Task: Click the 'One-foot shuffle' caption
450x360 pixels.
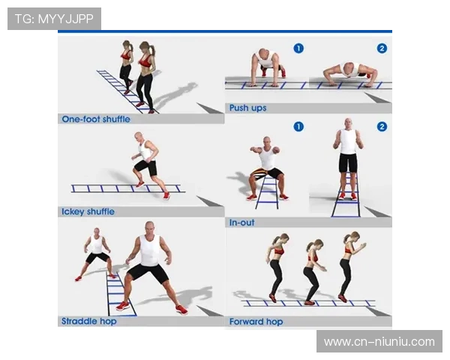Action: point(96,119)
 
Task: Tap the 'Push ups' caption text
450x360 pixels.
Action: point(248,108)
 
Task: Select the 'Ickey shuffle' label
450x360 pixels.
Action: point(88,211)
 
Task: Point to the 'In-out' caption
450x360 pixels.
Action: point(242,223)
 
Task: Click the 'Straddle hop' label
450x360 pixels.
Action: point(89,321)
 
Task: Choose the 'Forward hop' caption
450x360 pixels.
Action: point(256,322)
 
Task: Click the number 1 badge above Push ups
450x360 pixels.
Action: point(298,48)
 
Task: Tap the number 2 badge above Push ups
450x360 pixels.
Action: point(382,48)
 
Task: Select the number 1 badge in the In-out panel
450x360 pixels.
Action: point(298,127)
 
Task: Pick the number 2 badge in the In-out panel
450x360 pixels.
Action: point(382,127)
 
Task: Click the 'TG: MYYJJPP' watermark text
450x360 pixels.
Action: point(54,19)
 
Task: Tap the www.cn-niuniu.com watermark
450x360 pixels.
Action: point(379,342)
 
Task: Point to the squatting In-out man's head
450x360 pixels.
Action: point(267,142)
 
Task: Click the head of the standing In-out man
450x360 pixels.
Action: point(348,124)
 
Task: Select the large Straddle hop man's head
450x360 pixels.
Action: point(149,229)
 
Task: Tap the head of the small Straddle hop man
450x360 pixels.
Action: point(97,232)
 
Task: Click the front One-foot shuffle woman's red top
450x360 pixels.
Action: point(145,61)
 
